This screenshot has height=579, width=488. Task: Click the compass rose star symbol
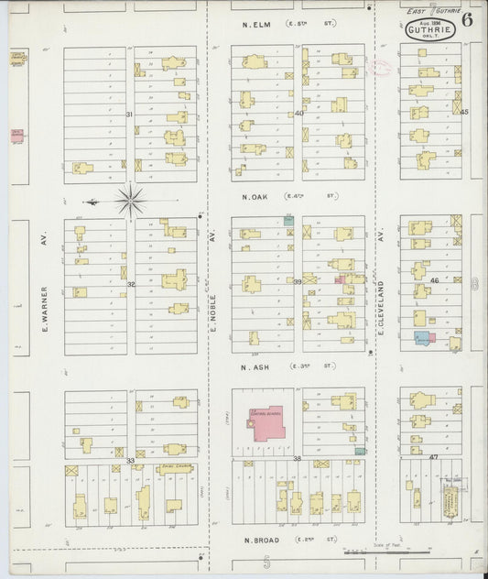(x=132, y=200)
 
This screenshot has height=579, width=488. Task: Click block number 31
(x=130, y=114)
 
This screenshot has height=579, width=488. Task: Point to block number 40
(x=298, y=114)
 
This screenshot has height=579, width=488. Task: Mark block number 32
(x=131, y=284)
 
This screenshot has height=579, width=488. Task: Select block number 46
(x=434, y=280)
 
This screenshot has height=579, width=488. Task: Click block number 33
(x=131, y=460)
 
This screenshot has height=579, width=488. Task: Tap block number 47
(x=434, y=455)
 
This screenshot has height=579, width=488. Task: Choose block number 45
(x=464, y=112)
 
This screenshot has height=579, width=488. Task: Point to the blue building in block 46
(x=421, y=338)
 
